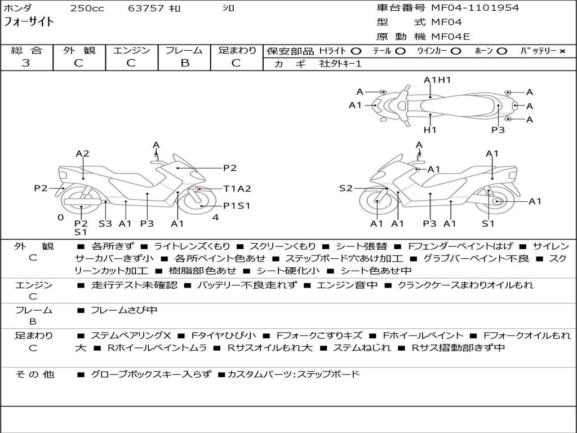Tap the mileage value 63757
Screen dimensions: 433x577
(x=146, y=8)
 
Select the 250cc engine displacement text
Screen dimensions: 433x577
(x=87, y=8)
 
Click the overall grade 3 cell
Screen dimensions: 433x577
(x=26, y=63)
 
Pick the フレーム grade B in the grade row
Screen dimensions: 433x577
(x=185, y=63)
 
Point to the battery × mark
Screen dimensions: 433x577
(x=562, y=51)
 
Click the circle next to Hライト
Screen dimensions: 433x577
(x=356, y=51)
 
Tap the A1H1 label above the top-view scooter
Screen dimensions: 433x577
(x=437, y=80)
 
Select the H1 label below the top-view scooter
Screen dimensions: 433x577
(x=430, y=130)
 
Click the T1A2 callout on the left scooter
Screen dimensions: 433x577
(x=237, y=189)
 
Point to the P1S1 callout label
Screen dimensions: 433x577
(x=237, y=206)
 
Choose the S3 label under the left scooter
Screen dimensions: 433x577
(x=105, y=223)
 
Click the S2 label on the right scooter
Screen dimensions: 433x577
(x=345, y=188)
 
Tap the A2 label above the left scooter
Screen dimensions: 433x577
(x=82, y=153)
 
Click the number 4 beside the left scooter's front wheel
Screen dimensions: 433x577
(x=215, y=218)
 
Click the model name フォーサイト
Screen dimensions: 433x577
(x=29, y=22)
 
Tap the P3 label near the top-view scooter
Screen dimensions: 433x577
(x=498, y=130)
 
